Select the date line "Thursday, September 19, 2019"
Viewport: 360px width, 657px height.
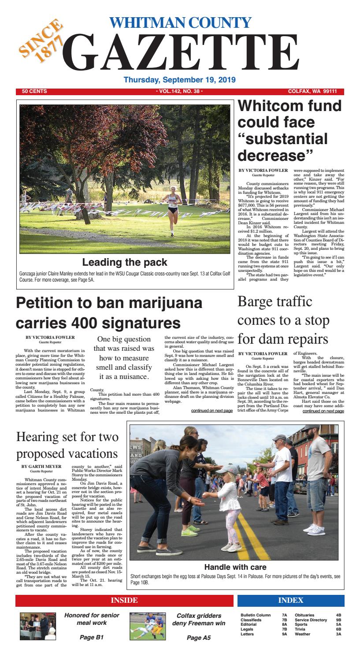[x=180, y=80]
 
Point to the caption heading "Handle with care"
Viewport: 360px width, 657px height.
[x=235, y=567]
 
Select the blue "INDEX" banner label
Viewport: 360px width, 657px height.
[x=290, y=600]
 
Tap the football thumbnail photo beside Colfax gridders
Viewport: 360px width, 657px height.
[x=148, y=626]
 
